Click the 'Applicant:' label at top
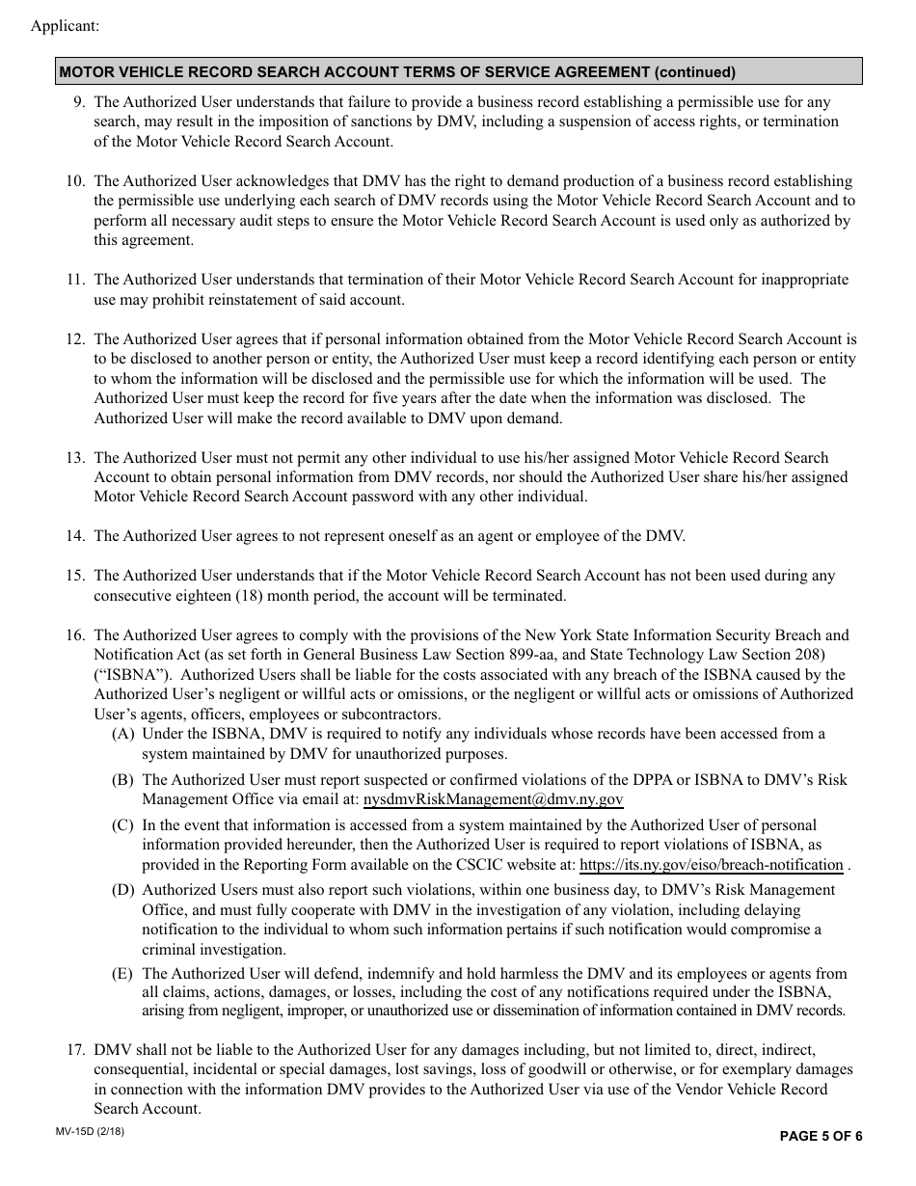pos(65,26)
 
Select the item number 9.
pos(79,102)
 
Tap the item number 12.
pos(76,339)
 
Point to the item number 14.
pos(76,536)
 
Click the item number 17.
pos(76,1049)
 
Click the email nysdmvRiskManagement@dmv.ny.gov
pos(493,799)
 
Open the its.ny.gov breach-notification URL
pos(711,865)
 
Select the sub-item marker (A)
pos(122,734)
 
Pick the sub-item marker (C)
pos(122,825)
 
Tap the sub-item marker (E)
pos(122,974)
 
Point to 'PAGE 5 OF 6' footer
pos(821,1136)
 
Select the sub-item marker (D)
pos(122,890)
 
